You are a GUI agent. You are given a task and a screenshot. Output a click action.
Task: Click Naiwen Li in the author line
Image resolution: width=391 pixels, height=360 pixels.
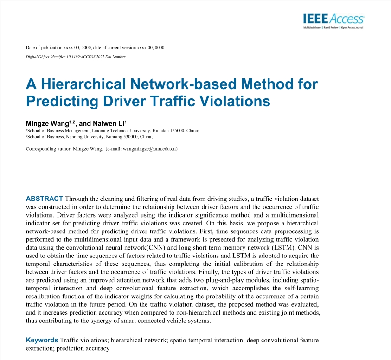click(x=109, y=123)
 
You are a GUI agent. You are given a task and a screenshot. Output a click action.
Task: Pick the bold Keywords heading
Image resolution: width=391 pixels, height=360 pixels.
click(x=42, y=340)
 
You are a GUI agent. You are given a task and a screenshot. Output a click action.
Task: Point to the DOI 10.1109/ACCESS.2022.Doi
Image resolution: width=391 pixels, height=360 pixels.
click(x=83, y=57)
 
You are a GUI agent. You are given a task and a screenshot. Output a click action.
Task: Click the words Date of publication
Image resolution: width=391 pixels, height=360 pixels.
click(x=45, y=48)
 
